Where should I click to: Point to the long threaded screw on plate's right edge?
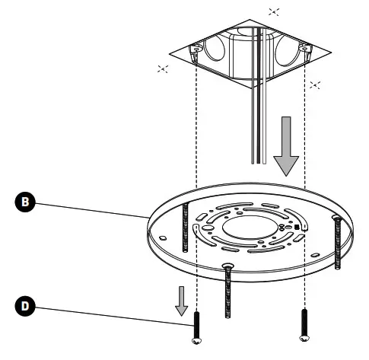coord(336,241)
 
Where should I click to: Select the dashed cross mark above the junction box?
coord(274,13)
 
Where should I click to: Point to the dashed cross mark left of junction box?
coord(162,69)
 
